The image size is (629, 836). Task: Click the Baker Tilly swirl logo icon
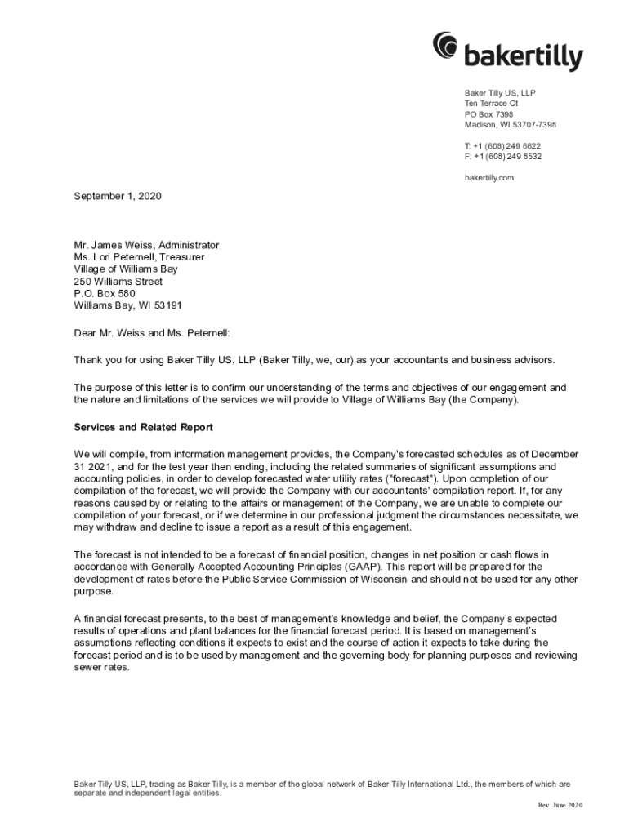point(446,46)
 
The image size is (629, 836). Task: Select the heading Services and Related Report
point(144,427)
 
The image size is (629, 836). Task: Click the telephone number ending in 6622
point(502,145)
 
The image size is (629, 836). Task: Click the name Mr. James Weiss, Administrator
point(146,245)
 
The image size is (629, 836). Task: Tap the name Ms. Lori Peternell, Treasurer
point(139,257)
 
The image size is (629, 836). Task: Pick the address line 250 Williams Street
point(118,282)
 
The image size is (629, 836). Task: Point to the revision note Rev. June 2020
point(560,806)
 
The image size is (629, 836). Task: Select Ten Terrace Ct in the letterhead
point(491,104)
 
